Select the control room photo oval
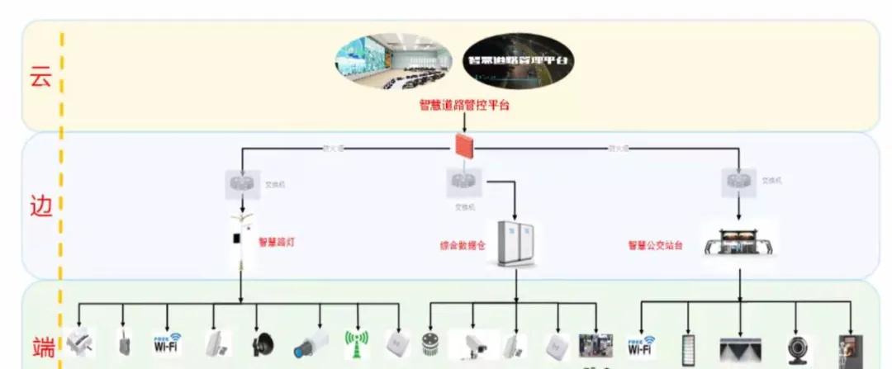(392, 64)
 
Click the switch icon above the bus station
(738, 180)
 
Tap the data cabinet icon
(516, 243)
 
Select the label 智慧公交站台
(655, 245)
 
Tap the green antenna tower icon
(356, 344)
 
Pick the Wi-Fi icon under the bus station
(642, 345)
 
